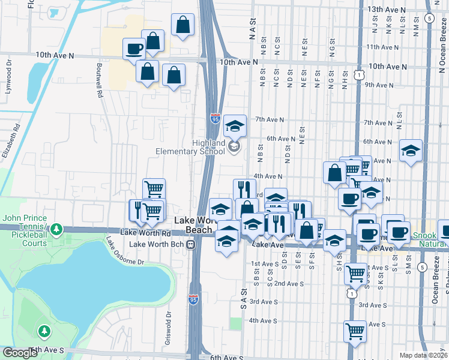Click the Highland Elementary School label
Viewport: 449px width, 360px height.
pyautogui.click(x=190, y=148)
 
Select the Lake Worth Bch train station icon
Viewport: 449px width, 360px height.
pyautogui.click(x=190, y=245)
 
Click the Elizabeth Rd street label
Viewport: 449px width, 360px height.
pyautogui.click(x=13, y=140)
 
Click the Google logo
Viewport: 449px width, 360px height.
pyautogui.click(x=20, y=353)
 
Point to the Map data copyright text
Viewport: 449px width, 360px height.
pyautogui.click(x=423, y=355)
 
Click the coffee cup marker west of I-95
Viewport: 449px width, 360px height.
pyautogui.click(x=134, y=49)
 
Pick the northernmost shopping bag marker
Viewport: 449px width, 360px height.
pyautogui.click(x=182, y=25)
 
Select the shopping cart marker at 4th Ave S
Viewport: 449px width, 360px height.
pyautogui.click(x=355, y=331)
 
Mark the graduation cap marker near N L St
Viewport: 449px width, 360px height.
pyautogui.click(x=411, y=151)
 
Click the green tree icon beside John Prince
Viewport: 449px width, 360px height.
pyautogui.click(x=56, y=229)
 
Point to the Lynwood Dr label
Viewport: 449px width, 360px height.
pyautogui.click(x=9, y=71)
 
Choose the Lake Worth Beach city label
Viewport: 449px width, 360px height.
pyautogui.click(x=194, y=225)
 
